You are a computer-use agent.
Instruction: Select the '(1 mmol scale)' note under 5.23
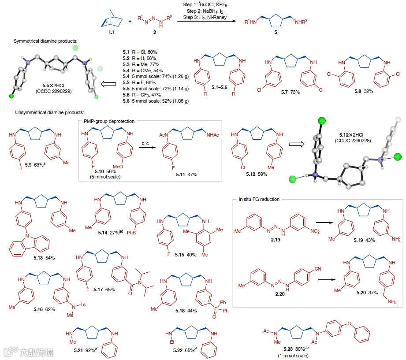pos(294,355)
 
